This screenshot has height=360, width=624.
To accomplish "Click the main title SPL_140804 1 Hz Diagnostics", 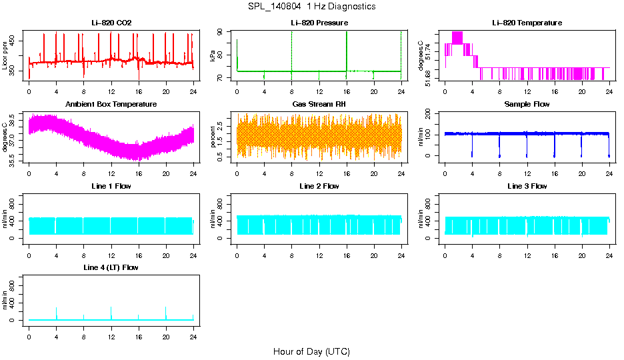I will tap(311, 7).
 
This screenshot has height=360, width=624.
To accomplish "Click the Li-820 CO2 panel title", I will tap(111, 23).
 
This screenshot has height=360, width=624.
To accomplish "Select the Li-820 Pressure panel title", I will tap(319, 23).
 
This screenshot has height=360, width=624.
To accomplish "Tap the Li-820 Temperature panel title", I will tap(527, 23).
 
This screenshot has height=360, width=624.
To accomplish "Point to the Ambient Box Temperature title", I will tap(111, 105).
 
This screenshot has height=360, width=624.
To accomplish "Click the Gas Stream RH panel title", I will tap(319, 105).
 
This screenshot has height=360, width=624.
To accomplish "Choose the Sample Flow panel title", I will tap(527, 105).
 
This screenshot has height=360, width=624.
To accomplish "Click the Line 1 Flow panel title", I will tap(111, 186).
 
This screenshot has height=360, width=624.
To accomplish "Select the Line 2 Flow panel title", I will tap(319, 186).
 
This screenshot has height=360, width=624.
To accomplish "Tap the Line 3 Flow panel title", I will tap(527, 186).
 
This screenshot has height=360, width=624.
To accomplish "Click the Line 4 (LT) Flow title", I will tap(111, 267).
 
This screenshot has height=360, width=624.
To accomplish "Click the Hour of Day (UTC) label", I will tap(311, 351).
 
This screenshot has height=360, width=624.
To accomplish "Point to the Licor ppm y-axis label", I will tap(5, 55).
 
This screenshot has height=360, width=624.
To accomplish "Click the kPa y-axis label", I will tap(213, 55).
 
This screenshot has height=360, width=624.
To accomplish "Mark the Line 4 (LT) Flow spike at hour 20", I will tap(166, 310).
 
